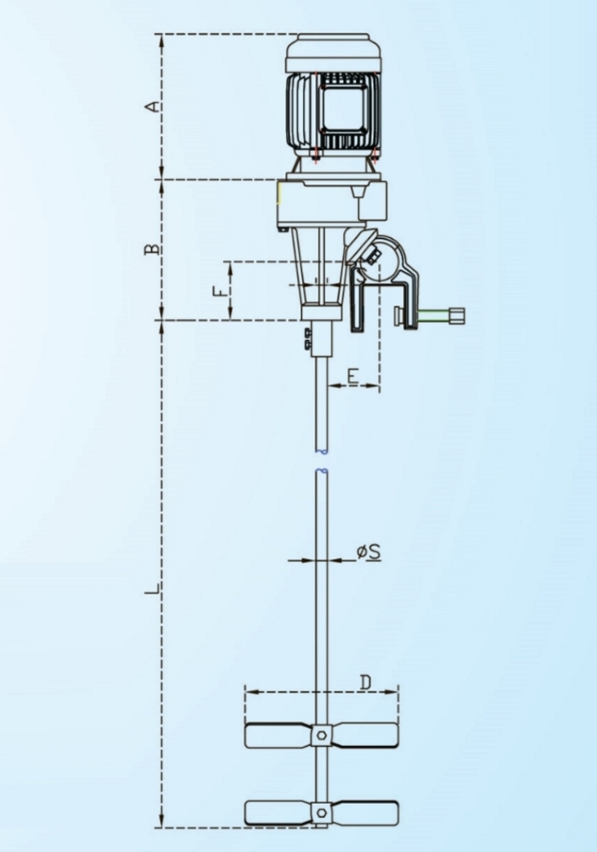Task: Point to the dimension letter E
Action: tap(352, 377)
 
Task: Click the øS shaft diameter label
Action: tap(369, 551)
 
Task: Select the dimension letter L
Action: tap(152, 590)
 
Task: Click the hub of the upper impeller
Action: tap(322, 734)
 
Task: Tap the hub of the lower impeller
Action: tap(322, 811)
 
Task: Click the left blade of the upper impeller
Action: tap(278, 734)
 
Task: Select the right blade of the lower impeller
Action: tap(365, 811)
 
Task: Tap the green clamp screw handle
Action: tap(444, 314)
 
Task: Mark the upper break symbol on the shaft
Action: tap(322, 451)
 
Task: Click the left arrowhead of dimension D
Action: tap(248, 690)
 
